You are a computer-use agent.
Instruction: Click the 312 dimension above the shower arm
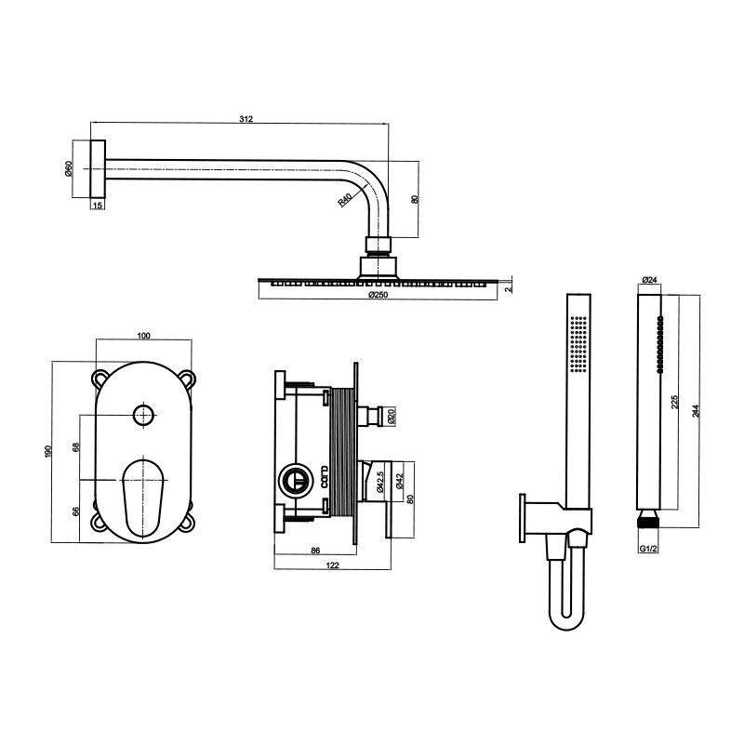(x=246, y=119)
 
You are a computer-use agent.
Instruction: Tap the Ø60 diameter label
(x=68, y=169)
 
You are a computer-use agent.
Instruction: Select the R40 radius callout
(x=345, y=200)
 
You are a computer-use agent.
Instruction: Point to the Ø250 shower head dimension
(x=379, y=295)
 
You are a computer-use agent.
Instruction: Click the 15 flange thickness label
(x=98, y=206)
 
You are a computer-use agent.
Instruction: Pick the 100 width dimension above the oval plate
(x=143, y=336)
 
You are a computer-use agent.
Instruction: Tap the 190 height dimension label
(x=48, y=452)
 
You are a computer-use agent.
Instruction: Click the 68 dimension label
(x=76, y=447)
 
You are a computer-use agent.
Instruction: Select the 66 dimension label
(x=76, y=511)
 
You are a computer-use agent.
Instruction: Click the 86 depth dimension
(x=315, y=551)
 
